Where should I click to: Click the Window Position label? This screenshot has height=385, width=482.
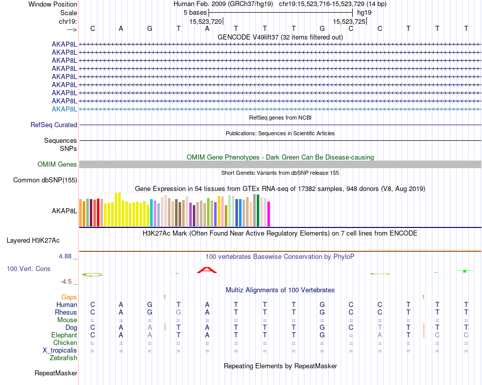pyautogui.click(x=53, y=4)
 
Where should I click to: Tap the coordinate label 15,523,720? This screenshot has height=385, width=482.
pyautogui.click(x=205, y=22)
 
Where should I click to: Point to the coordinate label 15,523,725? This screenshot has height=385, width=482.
pyautogui.click(x=349, y=22)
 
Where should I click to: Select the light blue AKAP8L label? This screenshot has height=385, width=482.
pyautogui.click(x=64, y=109)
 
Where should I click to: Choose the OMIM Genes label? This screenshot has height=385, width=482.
pyautogui.click(x=57, y=165)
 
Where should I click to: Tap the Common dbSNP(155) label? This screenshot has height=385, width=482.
pyautogui.click(x=45, y=180)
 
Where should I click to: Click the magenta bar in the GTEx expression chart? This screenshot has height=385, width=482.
pyautogui.click(x=268, y=214)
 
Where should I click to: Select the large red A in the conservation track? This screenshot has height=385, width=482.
pyautogui.click(x=206, y=270)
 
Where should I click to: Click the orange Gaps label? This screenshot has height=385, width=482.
pyautogui.click(x=70, y=297)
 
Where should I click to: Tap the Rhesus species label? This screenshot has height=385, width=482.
pyautogui.click(x=66, y=313)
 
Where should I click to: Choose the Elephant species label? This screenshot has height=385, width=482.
pyautogui.click(x=64, y=335)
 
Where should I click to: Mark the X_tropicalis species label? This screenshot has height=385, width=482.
pyautogui.click(x=60, y=351)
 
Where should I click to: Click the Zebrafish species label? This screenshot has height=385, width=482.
pyautogui.click(x=63, y=358)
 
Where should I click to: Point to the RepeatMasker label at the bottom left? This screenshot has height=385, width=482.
pyautogui.click(x=56, y=373)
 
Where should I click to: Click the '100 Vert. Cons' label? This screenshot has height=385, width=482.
pyautogui.click(x=29, y=269)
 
